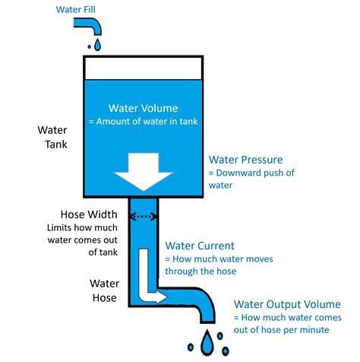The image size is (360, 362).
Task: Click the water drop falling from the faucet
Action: coord(97,46)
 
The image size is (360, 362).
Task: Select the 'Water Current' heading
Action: coord(200,246)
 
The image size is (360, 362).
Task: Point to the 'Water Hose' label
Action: coord(103,291)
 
